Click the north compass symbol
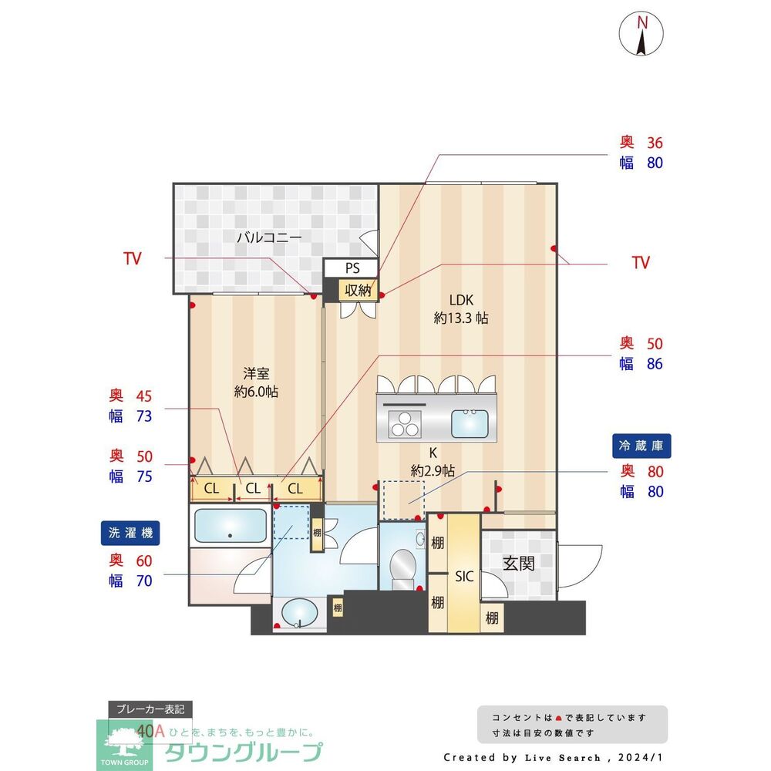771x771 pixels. point(641,34)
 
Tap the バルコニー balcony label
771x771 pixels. point(268,237)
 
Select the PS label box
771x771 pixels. point(352,268)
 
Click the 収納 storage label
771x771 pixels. point(359,290)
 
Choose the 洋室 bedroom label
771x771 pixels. point(256,374)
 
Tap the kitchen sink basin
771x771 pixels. point(469,423)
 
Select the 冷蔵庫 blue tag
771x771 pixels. point(641,445)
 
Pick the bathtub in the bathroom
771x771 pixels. point(229,526)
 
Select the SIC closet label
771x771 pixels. point(464,576)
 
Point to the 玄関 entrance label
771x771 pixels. point(519,564)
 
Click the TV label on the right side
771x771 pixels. point(641,263)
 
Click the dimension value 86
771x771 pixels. point(655,364)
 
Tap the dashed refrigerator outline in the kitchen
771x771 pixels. point(403,499)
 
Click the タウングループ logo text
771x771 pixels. point(244,752)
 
